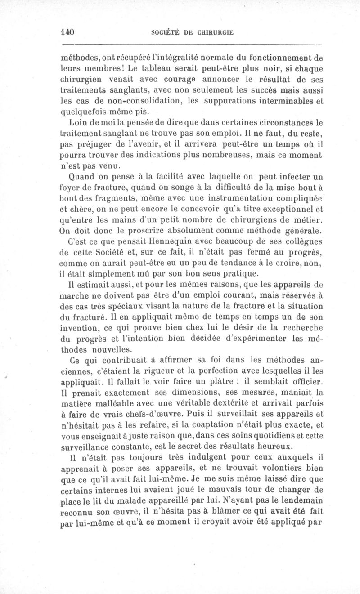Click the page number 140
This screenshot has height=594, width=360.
(x=67, y=32)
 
